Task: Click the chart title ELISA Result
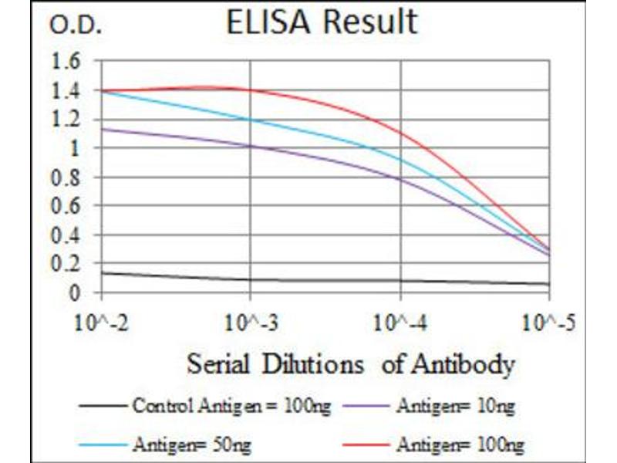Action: pos(322,22)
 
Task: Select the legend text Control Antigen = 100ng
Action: pos(231,405)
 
